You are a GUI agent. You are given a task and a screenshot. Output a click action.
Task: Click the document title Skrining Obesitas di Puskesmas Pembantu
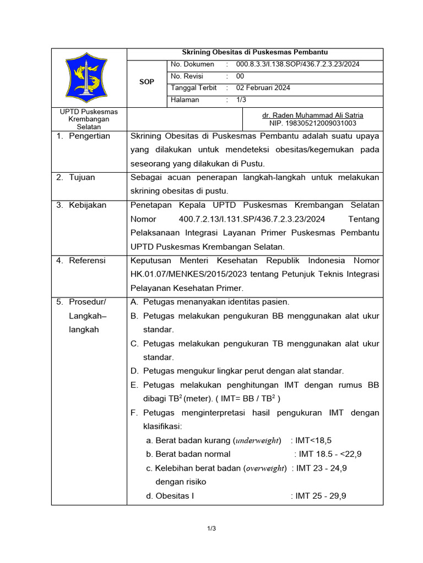[255, 53]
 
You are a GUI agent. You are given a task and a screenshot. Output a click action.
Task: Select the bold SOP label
[147, 82]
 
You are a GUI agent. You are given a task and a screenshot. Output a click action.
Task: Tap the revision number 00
[240, 76]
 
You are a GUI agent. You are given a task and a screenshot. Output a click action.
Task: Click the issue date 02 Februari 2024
[263, 88]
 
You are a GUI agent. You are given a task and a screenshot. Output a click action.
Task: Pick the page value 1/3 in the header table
[241, 100]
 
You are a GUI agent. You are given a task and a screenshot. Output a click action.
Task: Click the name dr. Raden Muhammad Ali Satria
[312, 115]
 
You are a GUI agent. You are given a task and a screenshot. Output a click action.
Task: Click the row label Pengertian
[89, 136]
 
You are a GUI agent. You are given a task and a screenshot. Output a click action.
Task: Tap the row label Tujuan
[82, 177]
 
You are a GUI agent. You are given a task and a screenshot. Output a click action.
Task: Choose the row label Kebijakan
[88, 205]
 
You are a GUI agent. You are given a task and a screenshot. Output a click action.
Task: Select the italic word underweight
[258, 440]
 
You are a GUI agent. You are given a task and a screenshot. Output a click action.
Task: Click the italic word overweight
[265, 468]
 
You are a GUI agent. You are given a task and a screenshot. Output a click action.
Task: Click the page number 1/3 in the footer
[211, 529]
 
